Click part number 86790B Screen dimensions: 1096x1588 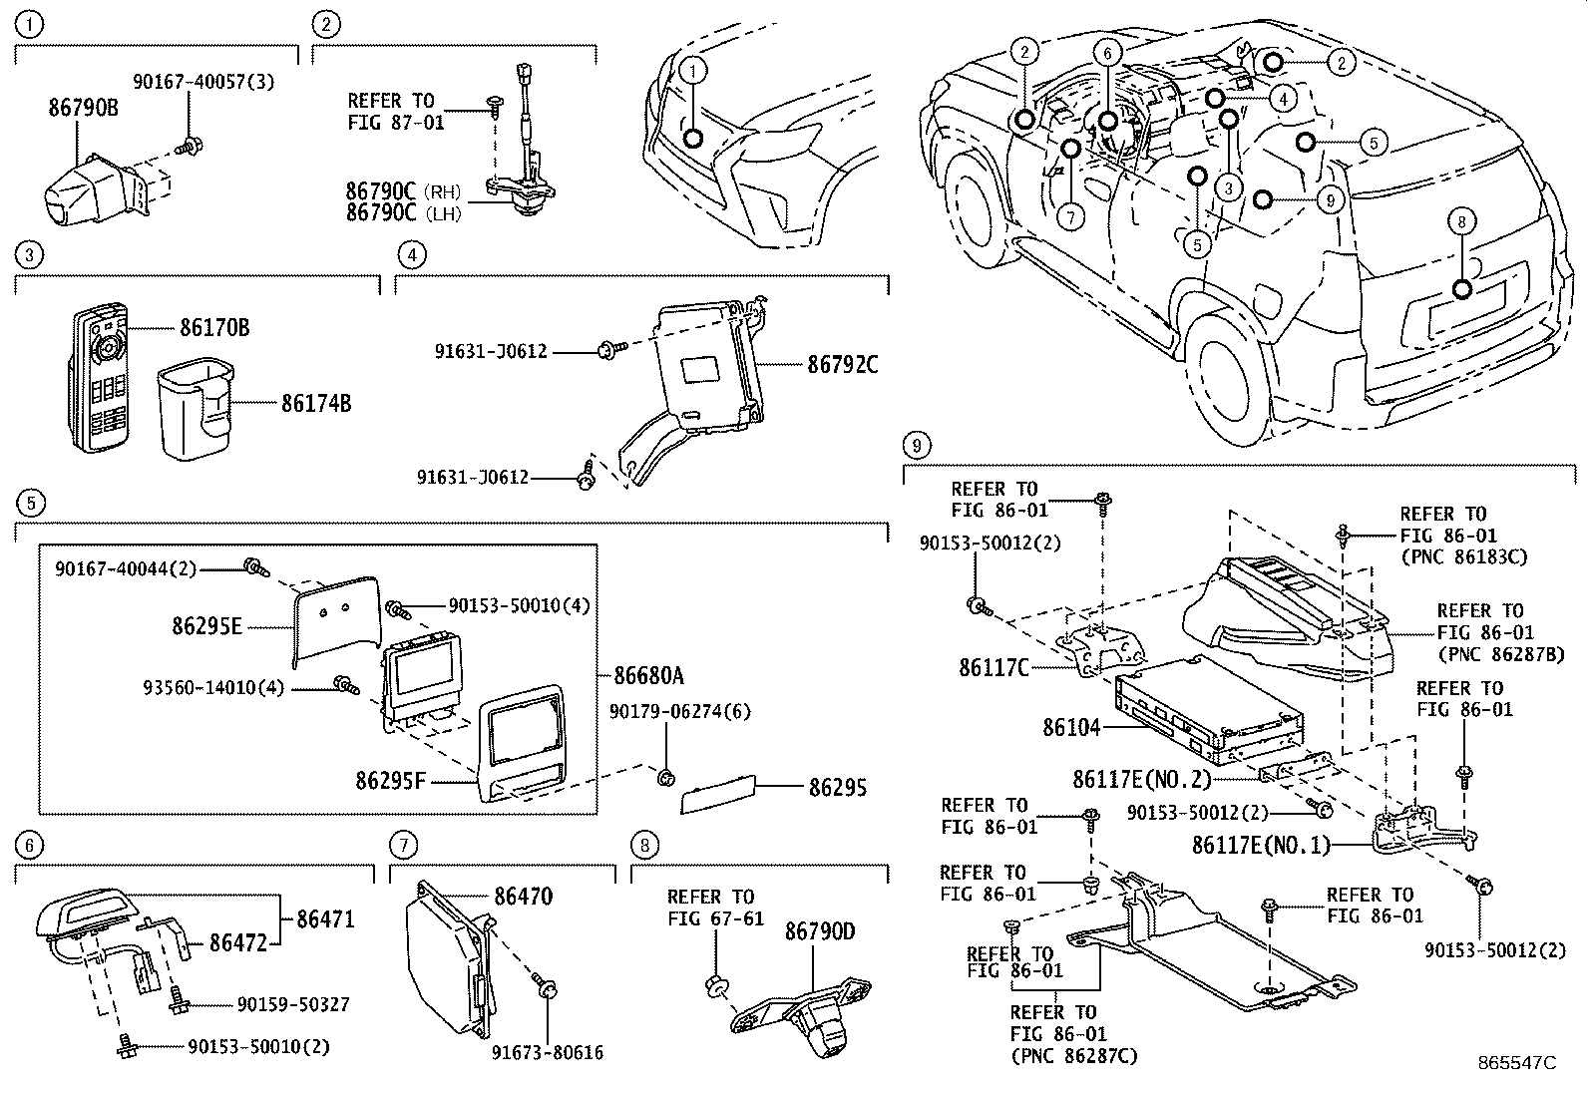click(x=83, y=107)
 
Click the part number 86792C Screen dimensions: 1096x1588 click(x=842, y=364)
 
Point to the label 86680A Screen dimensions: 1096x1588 click(x=648, y=676)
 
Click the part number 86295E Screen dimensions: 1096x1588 click(x=206, y=626)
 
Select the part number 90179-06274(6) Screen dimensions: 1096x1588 click(x=680, y=712)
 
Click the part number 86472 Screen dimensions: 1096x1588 click(x=237, y=941)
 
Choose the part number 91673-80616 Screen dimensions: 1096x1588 click(x=547, y=1052)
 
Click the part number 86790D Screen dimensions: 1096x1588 click(x=819, y=931)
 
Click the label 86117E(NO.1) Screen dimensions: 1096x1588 click(x=1261, y=846)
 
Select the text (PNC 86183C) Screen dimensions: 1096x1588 click(x=1463, y=557)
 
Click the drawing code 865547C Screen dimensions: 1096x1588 click(x=1517, y=1063)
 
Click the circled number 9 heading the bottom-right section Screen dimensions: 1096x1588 click(x=917, y=444)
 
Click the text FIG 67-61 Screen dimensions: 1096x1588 click(x=715, y=917)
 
